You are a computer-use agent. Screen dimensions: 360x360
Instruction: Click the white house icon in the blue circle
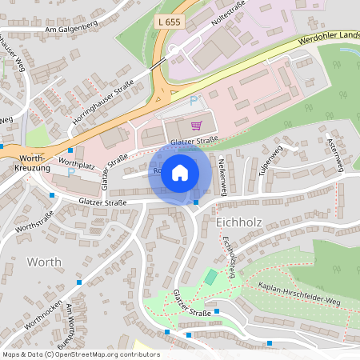(180, 172)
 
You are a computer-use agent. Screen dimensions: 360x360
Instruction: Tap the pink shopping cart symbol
(197, 125)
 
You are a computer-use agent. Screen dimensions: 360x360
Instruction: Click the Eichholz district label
(240, 219)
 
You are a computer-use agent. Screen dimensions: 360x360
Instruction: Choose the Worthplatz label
(78, 162)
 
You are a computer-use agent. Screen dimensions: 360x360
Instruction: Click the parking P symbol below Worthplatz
(71, 172)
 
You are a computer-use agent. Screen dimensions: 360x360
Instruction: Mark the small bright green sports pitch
(210, 277)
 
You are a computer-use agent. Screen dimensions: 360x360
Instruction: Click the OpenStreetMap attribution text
(81, 354)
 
